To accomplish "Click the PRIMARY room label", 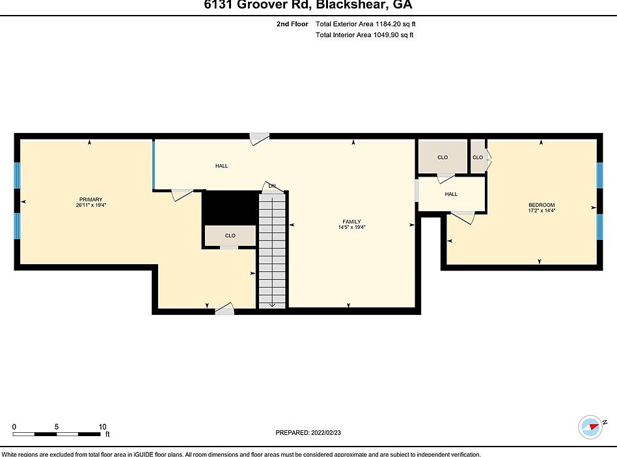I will click(90, 199).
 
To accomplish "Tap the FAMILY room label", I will click(351, 222).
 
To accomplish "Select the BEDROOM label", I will click(541, 205).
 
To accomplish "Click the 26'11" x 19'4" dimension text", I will click(90, 205).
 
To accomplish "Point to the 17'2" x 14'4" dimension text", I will click(541, 211).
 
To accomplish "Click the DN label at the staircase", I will click(272, 186).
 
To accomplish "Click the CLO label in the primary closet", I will click(230, 236).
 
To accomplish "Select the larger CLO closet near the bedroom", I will click(443, 157).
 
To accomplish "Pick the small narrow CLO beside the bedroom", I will click(478, 157).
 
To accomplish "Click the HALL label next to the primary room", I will click(221, 166).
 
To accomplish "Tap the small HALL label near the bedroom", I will click(451, 194).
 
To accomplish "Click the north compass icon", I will click(590, 427).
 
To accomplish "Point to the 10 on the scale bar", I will click(103, 426).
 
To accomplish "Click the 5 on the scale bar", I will click(57, 426).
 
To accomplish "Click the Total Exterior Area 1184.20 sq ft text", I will click(364, 24).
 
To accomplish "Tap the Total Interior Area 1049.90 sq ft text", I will click(364, 35).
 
